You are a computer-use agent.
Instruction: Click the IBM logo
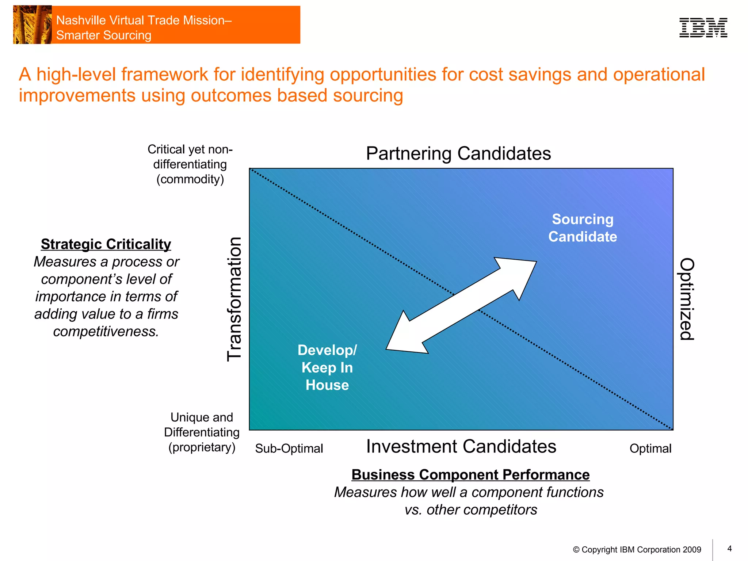point(703,28)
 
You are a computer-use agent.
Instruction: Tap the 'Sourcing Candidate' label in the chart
point(583,228)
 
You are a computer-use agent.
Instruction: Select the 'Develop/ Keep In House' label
point(327,367)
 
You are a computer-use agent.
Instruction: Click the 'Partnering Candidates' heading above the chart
point(458,153)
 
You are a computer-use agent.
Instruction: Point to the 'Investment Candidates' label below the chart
point(461,446)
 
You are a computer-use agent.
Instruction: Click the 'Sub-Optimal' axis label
point(289,449)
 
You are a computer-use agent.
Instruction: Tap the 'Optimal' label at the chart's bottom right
point(650,449)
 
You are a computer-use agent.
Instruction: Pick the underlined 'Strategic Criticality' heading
point(106,244)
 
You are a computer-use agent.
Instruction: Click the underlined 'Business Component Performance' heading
point(470,474)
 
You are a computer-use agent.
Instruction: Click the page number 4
point(729,549)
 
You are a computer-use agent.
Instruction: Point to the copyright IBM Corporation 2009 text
point(637,550)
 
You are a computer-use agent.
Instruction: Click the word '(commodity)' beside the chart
point(190,179)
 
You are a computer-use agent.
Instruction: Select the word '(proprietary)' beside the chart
point(202,447)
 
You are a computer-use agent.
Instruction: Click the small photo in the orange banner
point(32,25)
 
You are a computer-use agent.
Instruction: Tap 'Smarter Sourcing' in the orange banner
point(104,35)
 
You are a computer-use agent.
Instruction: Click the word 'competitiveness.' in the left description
point(106,331)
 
